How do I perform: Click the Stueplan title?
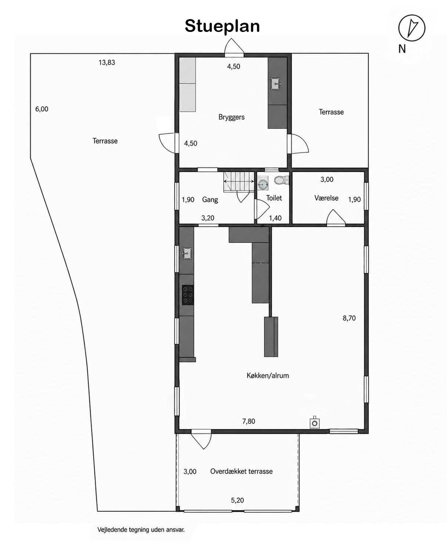point(222,26)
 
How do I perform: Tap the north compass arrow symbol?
point(412,28)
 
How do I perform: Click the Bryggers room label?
point(231,117)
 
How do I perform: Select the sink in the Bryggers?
point(276,84)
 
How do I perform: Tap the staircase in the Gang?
point(239,181)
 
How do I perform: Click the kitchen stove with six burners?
point(188,295)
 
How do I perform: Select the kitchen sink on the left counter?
point(187,253)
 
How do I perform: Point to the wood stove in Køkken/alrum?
point(314,423)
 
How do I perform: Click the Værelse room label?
point(326,198)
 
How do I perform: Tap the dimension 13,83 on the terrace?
point(107,62)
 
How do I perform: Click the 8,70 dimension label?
point(349,318)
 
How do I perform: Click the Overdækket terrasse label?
point(241,471)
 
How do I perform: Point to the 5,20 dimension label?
point(237,500)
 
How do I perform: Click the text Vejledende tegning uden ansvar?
point(141,530)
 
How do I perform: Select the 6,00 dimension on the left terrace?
point(42,109)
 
